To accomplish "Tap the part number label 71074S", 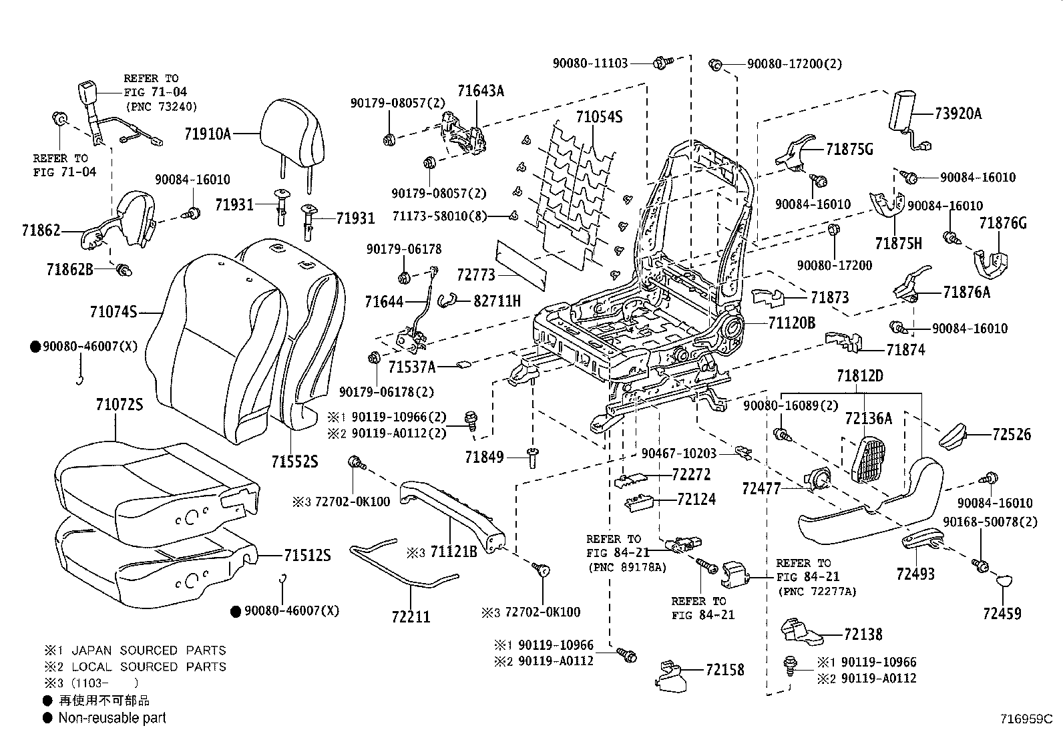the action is click(114, 312).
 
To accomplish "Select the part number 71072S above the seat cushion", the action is click(119, 405).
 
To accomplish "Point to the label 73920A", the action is click(958, 114).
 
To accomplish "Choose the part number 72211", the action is click(411, 616).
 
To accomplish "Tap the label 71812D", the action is click(860, 376).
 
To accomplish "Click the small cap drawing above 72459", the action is click(1003, 581).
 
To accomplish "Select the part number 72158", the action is click(724, 670).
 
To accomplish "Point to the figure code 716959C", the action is click(1026, 719).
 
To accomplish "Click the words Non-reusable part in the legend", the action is click(112, 718).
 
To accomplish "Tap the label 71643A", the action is click(481, 91).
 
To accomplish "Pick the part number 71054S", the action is click(599, 117).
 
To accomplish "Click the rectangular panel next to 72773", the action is click(521, 264).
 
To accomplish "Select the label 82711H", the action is click(497, 301).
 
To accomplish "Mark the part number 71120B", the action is click(791, 323).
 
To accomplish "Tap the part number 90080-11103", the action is click(590, 63).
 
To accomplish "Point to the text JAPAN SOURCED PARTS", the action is click(149, 650).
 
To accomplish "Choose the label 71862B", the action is click(69, 270).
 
